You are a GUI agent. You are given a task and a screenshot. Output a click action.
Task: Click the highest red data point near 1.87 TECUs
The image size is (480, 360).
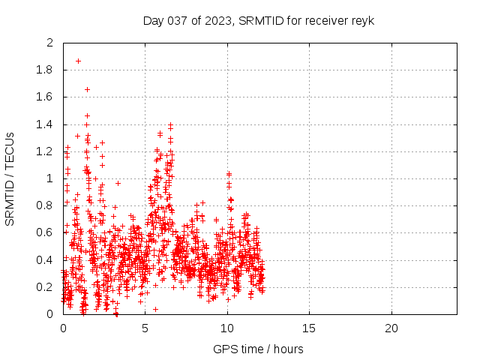78,61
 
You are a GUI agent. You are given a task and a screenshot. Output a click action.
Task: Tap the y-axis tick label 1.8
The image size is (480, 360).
45,70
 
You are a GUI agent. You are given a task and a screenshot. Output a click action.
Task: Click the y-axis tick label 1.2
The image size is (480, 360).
45,151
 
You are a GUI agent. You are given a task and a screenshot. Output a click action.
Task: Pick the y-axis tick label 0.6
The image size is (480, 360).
45,232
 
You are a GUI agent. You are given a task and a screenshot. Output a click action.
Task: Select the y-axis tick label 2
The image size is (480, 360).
50,43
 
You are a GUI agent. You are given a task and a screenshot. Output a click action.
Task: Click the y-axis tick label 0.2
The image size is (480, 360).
45,287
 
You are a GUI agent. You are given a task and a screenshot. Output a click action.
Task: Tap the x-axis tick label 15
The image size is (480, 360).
309,328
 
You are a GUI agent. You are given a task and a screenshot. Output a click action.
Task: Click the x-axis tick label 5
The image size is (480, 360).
145,328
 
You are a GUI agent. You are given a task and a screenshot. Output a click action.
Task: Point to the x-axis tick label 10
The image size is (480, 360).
226,328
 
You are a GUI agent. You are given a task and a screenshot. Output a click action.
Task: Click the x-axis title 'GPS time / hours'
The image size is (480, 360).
258,349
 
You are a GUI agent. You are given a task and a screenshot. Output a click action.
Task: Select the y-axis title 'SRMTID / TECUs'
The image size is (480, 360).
10,178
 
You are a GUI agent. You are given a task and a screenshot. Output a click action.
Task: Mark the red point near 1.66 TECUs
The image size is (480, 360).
87,89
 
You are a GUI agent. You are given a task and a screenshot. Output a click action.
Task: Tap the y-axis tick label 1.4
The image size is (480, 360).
45,124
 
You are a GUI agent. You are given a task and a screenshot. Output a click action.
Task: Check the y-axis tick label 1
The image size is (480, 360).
50,178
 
